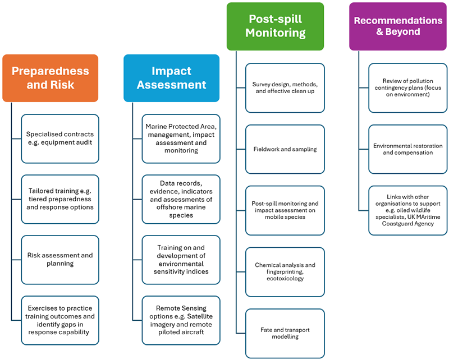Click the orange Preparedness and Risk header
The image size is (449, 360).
[x=50, y=78]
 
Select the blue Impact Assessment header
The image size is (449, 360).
[x=171, y=78]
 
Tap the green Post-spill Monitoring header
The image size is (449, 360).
[x=275, y=26]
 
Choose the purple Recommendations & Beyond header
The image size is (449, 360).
[x=398, y=26]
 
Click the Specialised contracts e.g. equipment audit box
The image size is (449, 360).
[x=60, y=138]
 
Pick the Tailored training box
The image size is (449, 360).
[x=60, y=199]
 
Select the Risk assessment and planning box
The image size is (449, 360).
[x=60, y=259]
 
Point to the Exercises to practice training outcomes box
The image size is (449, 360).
[x=60, y=320]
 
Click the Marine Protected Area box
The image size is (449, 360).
[x=181, y=138]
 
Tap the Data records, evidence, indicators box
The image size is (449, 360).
[x=181, y=199]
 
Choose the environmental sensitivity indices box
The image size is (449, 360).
[x=181, y=259]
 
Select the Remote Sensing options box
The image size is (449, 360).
[x=181, y=320]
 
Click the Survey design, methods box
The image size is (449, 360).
[x=285, y=87]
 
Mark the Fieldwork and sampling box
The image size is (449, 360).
[x=285, y=149]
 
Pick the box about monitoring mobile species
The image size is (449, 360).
[x=285, y=210]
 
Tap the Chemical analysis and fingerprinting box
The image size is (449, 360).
[x=285, y=271]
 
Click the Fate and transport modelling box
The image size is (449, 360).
[x=285, y=333]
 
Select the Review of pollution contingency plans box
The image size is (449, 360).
[x=408, y=87]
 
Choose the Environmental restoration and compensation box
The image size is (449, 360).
[x=408, y=149]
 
